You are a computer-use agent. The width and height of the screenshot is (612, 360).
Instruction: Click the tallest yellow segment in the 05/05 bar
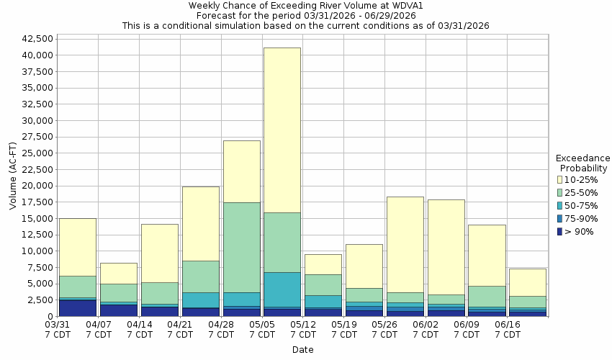pyautogui.click(x=282, y=130)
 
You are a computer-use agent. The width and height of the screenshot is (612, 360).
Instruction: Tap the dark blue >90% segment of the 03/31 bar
pyautogui.click(x=78, y=308)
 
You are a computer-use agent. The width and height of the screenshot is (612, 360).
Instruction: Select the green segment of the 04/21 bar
pyautogui.click(x=201, y=276)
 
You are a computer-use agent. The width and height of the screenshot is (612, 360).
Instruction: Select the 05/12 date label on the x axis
pyautogui.click(x=304, y=330)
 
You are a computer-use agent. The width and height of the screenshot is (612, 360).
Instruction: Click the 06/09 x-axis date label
pyautogui.click(x=467, y=330)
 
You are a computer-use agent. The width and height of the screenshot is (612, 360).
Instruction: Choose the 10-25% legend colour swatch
pyautogui.click(x=559, y=179)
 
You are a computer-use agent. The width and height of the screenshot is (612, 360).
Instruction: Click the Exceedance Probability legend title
pyautogui.click(x=583, y=163)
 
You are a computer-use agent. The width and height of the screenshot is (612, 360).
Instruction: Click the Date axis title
pyautogui.click(x=302, y=349)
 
